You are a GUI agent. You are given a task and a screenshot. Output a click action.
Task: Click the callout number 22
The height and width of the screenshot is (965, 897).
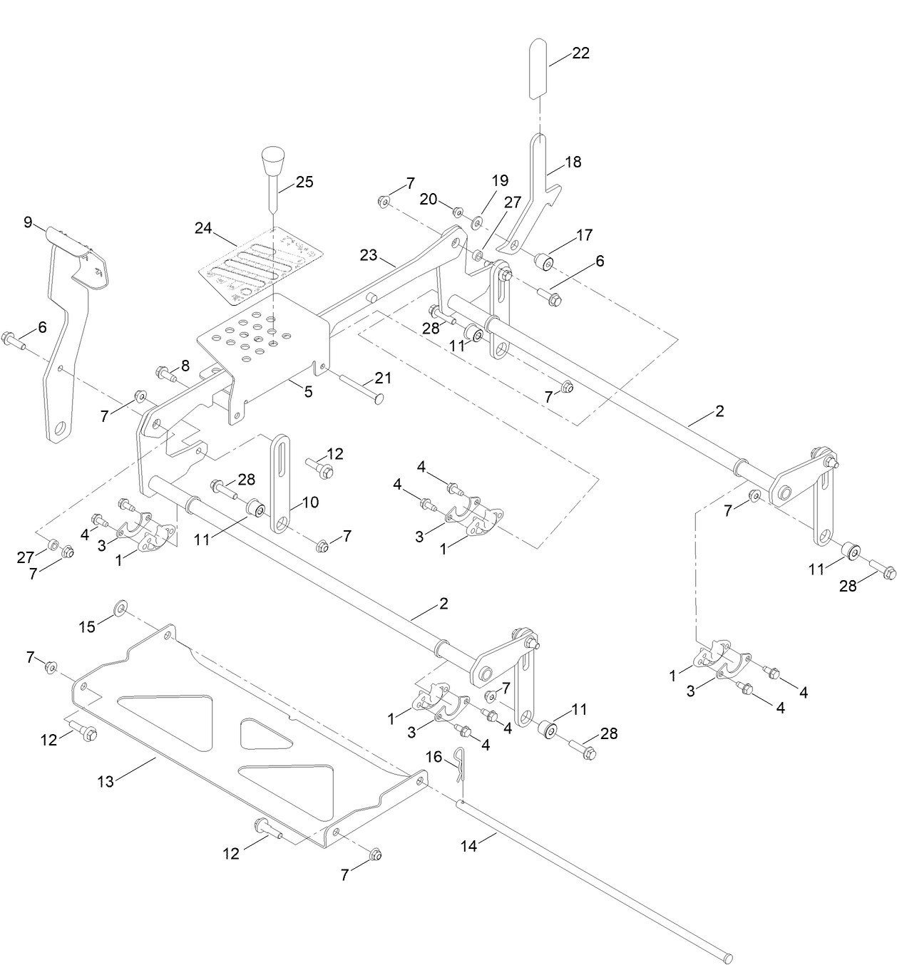click(x=580, y=53)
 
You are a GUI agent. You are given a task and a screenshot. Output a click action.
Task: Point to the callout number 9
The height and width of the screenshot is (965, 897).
click(x=29, y=222)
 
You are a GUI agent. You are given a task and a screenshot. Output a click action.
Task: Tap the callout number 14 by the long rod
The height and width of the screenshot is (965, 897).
click(x=468, y=846)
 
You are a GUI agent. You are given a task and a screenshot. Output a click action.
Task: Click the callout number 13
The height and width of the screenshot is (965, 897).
click(x=106, y=781)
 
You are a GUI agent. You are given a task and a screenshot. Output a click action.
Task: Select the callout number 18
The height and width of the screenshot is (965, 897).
click(x=573, y=162)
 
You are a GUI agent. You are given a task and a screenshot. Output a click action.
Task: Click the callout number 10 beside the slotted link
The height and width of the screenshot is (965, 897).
click(x=309, y=502)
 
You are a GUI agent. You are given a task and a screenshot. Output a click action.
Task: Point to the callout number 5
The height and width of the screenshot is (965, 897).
click(x=308, y=391)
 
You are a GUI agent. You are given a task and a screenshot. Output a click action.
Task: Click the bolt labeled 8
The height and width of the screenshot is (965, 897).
click(x=163, y=372)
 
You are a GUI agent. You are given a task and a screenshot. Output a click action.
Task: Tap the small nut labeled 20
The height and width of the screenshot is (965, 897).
click(x=458, y=210)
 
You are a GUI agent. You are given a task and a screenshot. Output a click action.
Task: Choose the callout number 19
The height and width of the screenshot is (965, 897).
click(x=500, y=180)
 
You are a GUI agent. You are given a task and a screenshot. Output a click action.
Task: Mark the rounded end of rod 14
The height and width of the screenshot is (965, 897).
click(x=727, y=954)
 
